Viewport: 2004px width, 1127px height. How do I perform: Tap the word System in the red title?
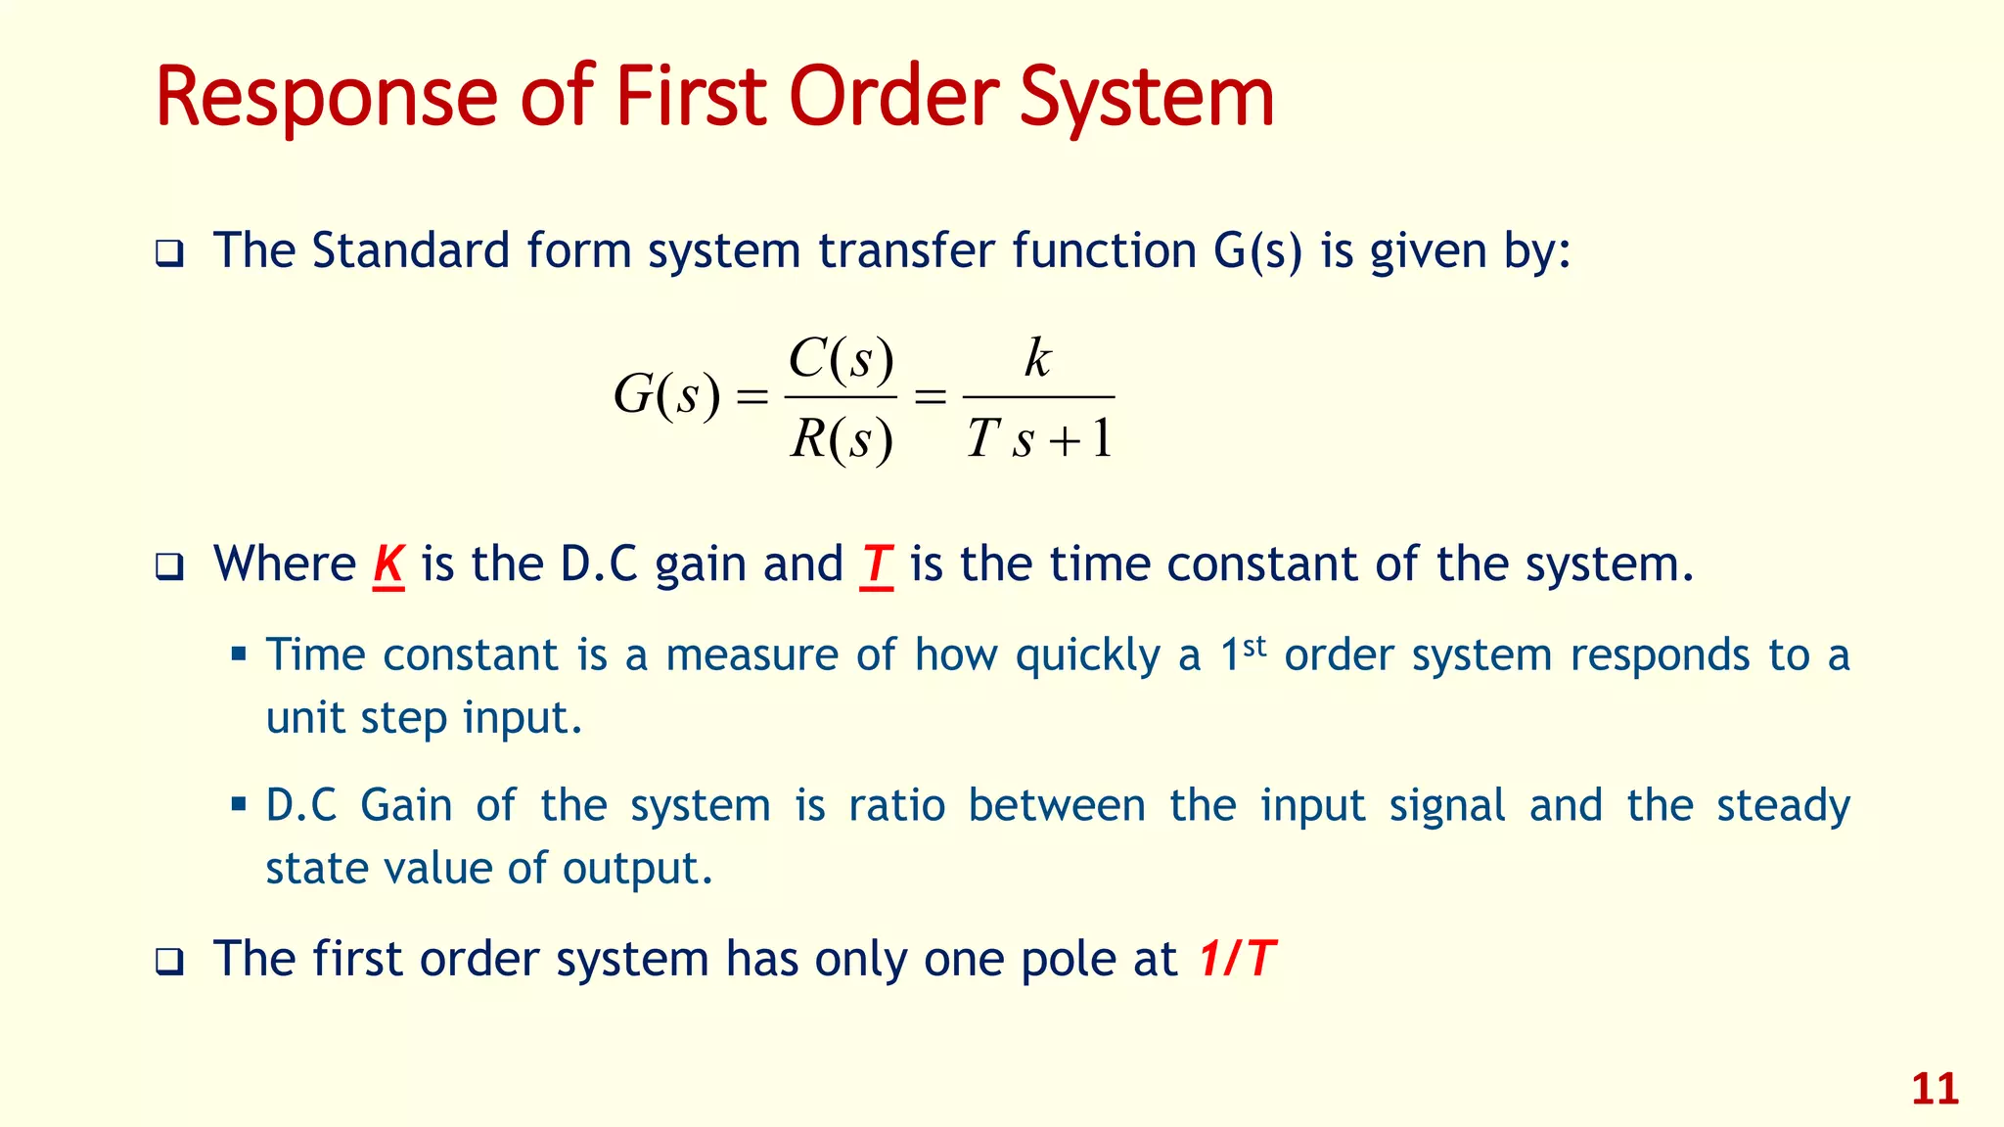tap(1147, 98)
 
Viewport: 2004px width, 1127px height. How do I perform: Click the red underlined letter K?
tap(388, 564)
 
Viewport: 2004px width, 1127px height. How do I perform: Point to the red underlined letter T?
tap(876, 564)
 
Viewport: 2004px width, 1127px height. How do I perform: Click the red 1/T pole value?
tap(1237, 959)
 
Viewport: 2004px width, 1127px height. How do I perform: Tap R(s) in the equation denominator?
tap(842, 439)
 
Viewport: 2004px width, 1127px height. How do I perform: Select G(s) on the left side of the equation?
tap(666, 396)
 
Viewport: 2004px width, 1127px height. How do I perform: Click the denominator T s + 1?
tap(1039, 439)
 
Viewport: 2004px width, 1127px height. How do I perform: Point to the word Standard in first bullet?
tap(411, 250)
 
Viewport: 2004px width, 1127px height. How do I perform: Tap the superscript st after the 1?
tap(1254, 646)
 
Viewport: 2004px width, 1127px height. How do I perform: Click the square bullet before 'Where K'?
tap(169, 567)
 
